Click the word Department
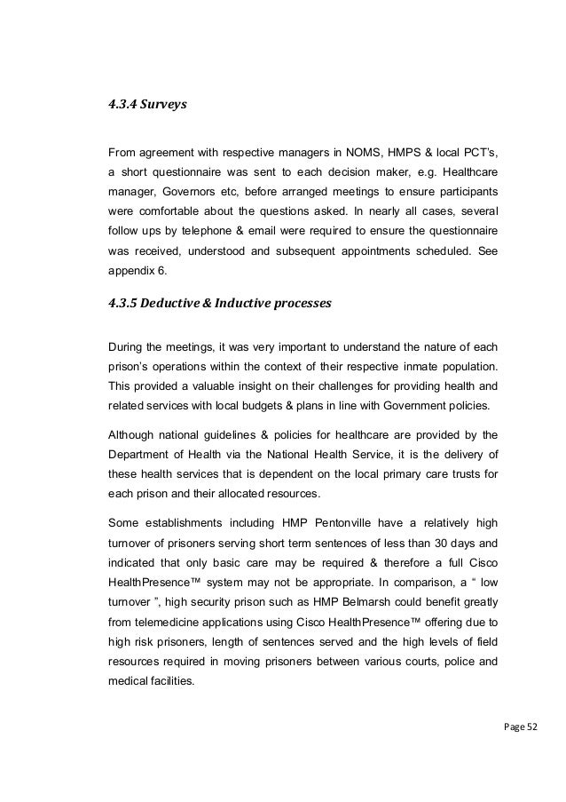point(142,455)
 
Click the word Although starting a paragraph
point(134,435)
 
